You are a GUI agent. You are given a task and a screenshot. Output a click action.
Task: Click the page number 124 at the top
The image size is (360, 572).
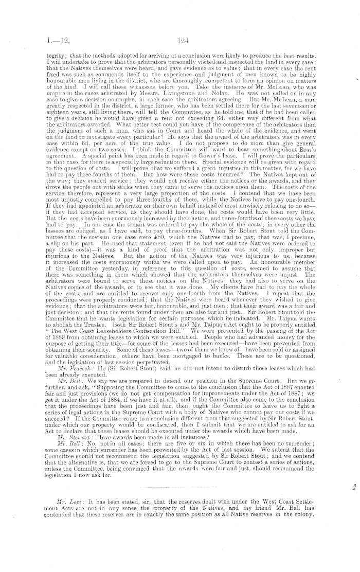tap(179, 38)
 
